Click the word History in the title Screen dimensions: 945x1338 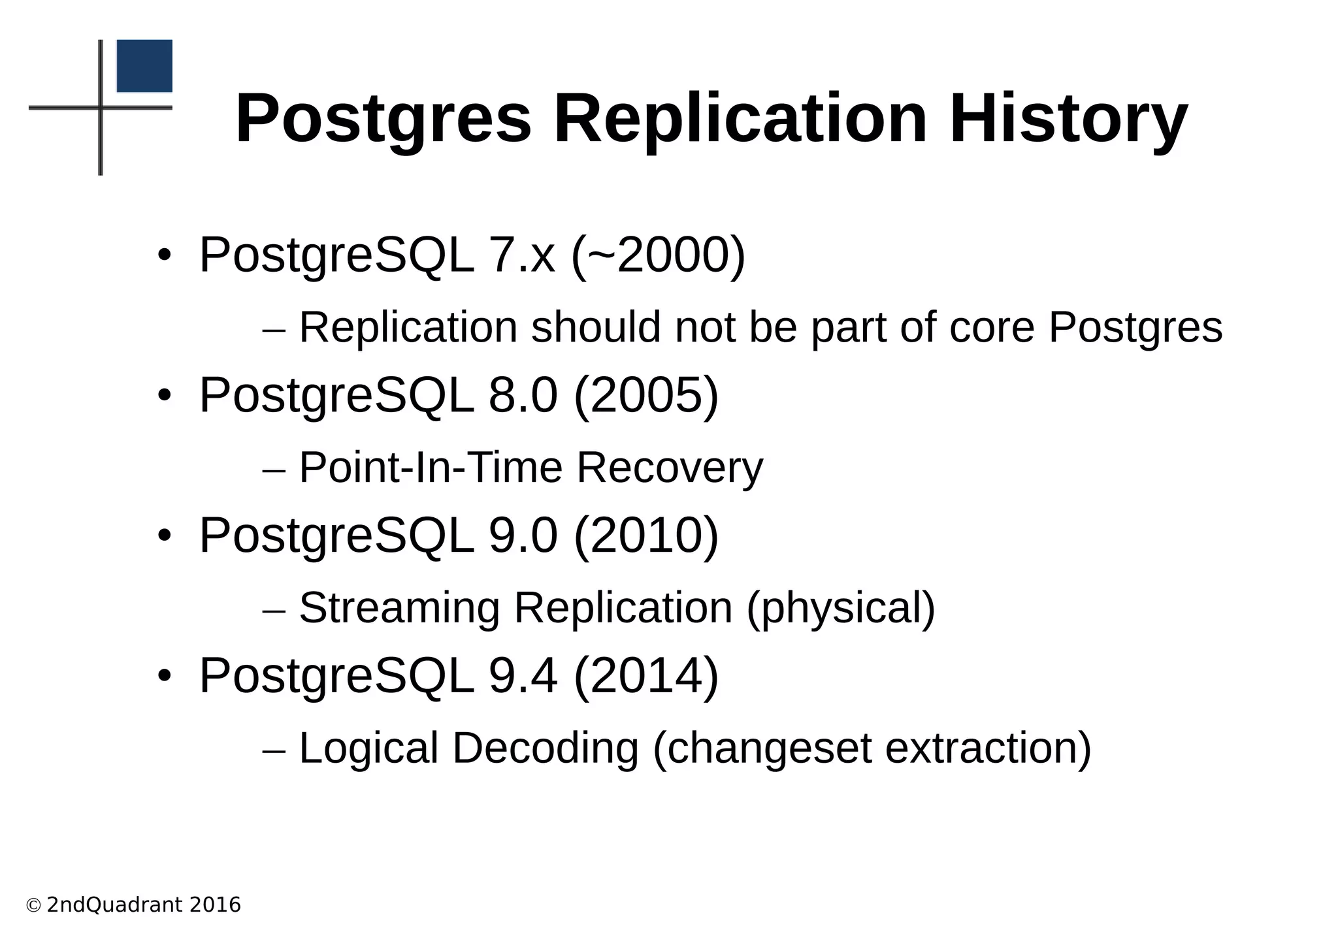click(1068, 120)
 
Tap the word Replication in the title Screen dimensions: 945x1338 click(740, 120)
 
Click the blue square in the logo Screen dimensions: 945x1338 click(144, 66)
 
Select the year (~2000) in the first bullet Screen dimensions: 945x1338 click(658, 255)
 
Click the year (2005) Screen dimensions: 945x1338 click(646, 395)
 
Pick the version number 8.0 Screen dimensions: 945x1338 click(523, 395)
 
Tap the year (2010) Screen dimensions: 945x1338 click(646, 536)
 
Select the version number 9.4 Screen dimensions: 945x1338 click(523, 675)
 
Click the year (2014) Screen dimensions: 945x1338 click(646, 675)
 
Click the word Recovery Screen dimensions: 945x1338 click(669, 468)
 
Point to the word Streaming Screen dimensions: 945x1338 click(399, 608)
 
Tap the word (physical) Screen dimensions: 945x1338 click(841, 608)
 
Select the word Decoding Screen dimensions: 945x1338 click(545, 748)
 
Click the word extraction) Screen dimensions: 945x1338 click(988, 748)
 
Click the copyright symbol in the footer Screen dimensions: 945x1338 click(33, 905)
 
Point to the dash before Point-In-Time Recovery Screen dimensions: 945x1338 click(274, 470)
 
